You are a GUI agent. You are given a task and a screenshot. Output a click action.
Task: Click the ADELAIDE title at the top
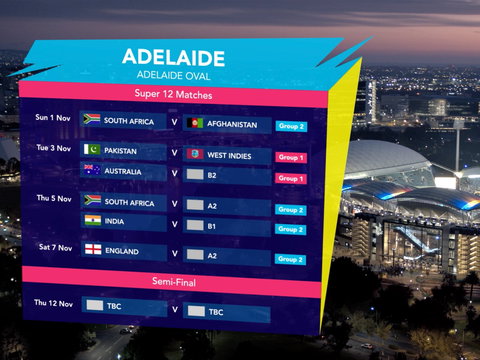click(x=173, y=57)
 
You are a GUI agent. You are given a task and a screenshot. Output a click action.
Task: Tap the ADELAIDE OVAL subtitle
click(x=172, y=75)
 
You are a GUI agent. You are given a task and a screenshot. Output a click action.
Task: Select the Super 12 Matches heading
click(x=173, y=95)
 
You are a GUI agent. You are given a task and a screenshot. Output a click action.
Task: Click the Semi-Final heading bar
click(x=173, y=281)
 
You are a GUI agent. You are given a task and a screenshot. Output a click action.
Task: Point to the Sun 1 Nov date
click(x=53, y=118)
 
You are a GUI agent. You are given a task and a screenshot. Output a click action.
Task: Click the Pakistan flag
click(x=92, y=150)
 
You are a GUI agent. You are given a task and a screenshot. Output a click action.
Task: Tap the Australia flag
click(x=92, y=170)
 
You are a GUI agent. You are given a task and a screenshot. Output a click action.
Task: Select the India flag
click(x=92, y=220)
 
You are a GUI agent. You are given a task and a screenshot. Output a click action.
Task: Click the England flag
click(x=92, y=250)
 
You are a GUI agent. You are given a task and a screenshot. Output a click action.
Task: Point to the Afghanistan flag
click(x=195, y=123)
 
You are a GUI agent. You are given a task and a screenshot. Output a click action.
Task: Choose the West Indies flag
click(x=195, y=154)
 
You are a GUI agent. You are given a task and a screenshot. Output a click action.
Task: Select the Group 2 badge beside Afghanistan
click(x=291, y=126)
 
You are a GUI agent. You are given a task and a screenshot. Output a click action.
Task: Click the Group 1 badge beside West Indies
click(x=291, y=157)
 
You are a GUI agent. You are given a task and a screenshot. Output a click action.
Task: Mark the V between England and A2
click(x=174, y=253)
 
